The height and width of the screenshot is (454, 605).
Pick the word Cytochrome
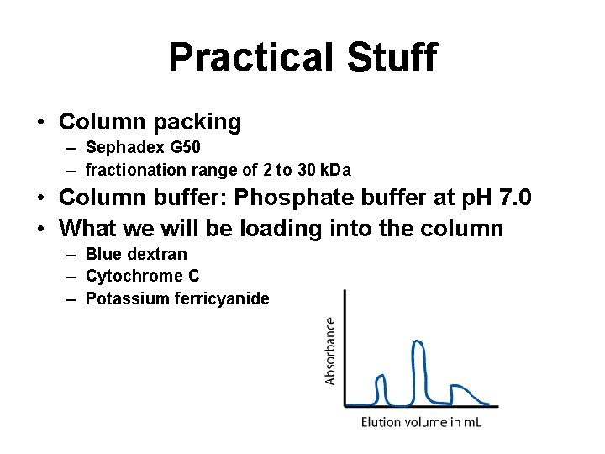click(x=134, y=276)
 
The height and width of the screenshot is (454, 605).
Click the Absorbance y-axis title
click(x=330, y=350)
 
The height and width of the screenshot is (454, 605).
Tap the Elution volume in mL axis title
click(x=422, y=422)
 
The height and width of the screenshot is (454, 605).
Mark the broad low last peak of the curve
click(x=461, y=390)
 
